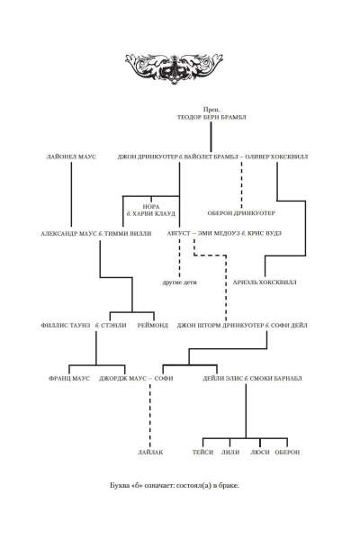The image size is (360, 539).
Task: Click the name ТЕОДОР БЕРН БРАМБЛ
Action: pos(211,117)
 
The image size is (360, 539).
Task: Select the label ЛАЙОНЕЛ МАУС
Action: pos(71,157)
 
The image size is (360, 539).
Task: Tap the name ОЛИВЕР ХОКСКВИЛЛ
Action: pos(277,157)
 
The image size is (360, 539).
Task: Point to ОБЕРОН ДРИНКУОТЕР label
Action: pos(241,213)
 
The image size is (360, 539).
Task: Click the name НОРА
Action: pos(151,207)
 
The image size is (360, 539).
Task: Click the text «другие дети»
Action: pos(179,283)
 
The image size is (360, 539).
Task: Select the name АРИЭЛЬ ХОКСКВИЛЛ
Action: pos(265,283)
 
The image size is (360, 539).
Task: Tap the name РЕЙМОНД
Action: pos(153,325)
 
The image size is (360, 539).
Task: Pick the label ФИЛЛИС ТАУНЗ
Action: pos(66,325)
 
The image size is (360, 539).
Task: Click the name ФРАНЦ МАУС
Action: pos(69,379)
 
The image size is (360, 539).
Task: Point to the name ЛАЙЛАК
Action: pos(150,453)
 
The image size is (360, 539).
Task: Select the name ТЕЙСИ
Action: pos(202,453)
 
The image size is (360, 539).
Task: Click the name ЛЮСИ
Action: pos(260,453)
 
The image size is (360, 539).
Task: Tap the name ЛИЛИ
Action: pos(230,453)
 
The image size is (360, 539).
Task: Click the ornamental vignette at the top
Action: pos(174,67)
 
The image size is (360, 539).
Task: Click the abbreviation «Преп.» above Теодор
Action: pos(211,110)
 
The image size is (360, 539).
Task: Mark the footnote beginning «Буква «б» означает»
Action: pos(175,486)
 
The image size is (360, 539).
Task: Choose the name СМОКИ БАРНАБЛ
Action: pos(275,379)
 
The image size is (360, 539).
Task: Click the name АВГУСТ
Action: pos(178,233)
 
